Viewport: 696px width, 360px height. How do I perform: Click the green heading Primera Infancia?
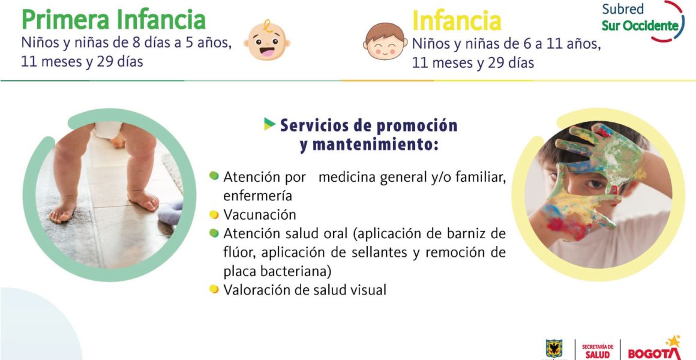pos(113,20)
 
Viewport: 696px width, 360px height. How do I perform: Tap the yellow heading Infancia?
pos(457,20)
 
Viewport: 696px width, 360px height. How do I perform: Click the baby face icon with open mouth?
pos(267,41)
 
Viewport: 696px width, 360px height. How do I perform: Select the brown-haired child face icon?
pos(385,41)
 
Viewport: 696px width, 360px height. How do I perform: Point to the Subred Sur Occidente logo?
pos(643,21)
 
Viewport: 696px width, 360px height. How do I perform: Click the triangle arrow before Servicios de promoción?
pos(269,124)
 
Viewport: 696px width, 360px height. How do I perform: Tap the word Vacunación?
pos(260,215)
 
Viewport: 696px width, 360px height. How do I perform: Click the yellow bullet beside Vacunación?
pos(214,215)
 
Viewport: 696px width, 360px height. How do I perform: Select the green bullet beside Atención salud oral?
pos(214,233)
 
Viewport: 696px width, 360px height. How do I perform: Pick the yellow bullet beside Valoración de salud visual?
pos(214,289)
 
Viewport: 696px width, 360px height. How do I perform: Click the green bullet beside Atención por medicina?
pos(214,176)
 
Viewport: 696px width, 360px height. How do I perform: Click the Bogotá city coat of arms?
pos(554,350)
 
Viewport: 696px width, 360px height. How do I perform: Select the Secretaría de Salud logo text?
pos(598,350)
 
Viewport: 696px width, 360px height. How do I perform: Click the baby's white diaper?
pos(107,130)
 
